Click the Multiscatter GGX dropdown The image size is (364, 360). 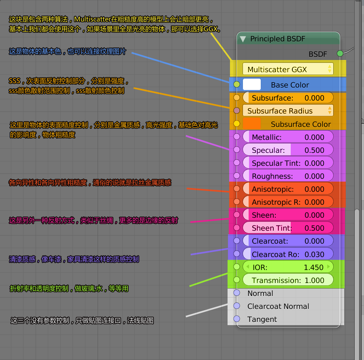click(288, 69)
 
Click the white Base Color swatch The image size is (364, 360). click(251, 84)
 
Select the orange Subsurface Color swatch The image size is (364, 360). click(251, 124)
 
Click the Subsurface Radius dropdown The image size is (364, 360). click(288, 111)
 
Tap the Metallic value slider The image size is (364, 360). click(288, 137)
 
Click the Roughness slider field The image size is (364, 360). click(288, 176)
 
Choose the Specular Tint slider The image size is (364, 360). click(288, 163)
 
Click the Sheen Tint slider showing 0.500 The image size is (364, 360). click(288, 228)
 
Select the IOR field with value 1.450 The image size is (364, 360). click(288, 267)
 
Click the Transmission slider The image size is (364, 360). click(288, 280)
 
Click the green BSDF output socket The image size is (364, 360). click(340, 54)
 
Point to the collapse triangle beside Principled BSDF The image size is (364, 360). click(243, 39)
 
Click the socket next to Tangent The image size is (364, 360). click(237, 319)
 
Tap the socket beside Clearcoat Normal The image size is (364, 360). click(237, 306)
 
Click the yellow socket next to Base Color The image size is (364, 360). click(237, 85)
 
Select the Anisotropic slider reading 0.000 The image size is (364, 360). click(288, 189)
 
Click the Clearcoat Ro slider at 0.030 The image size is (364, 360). click(288, 254)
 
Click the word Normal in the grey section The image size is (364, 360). click(260, 293)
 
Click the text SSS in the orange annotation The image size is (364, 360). click(14, 81)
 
